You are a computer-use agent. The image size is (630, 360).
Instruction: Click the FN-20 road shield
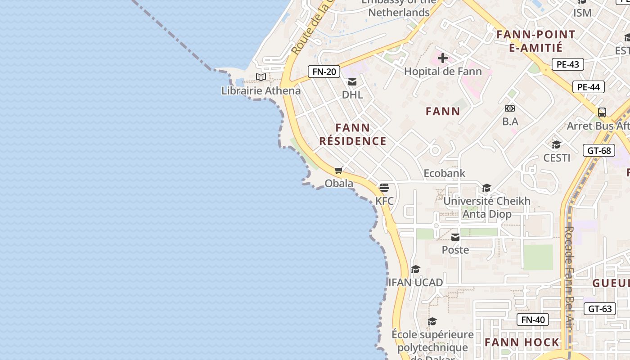coord(324,72)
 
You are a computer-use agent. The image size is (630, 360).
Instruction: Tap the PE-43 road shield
coord(567,64)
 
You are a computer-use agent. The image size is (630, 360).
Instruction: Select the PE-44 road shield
coord(588,87)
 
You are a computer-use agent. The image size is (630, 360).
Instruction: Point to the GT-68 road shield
coord(599,150)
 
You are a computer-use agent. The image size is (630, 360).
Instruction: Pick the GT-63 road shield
coord(600,309)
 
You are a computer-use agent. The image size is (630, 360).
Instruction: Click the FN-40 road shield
coord(533,320)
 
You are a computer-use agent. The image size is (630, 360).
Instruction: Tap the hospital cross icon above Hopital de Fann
coord(442,58)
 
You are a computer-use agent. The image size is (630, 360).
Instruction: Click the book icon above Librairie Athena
coord(261,77)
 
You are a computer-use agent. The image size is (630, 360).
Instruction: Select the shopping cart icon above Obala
coord(339,170)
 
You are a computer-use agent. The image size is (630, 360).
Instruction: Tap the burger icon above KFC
coord(384,187)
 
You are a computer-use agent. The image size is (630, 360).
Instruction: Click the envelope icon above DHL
coord(352,82)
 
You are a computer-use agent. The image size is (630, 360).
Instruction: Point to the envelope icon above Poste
coord(455,237)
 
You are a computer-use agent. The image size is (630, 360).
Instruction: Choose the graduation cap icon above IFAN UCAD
coord(415,269)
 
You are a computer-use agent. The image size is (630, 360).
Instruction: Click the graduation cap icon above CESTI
coord(557,144)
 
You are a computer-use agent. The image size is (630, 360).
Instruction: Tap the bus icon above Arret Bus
coord(602,112)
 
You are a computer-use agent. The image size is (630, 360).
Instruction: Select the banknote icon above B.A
coord(510,108)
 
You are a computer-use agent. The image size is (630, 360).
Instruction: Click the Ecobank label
coord(444,173)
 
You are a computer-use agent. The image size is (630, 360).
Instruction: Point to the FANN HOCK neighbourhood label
coord(522,342)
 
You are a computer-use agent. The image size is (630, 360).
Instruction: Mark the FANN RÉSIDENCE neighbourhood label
coord(353,135)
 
